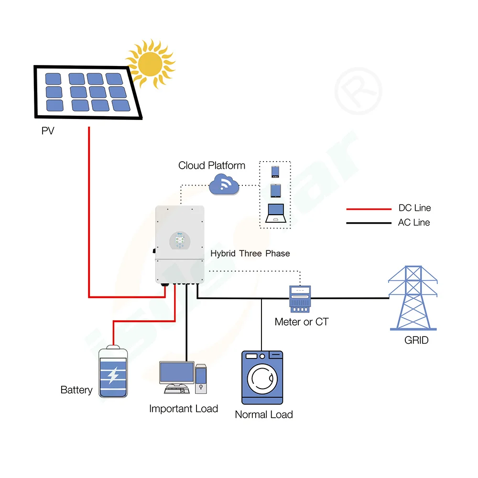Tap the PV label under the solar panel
point(48,130)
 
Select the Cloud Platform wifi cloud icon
point(224,184)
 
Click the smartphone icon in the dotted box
point(275,172)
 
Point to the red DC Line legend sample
point(368,209)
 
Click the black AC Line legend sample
point(368,223)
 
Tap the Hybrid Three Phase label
point(250,253)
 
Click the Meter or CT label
point(301,322)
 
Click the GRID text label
point(416,341)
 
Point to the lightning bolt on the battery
point(113,375)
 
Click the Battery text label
point(76,390)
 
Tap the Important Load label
point(183,409)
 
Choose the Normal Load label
point(263,415)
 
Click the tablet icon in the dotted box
point(275,191)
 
